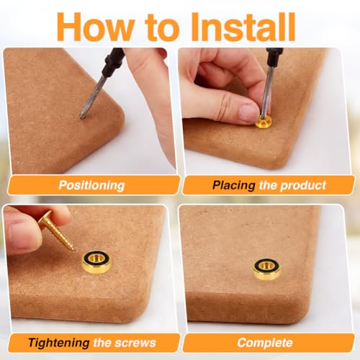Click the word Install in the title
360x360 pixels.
pyautogui.click(x=243, y=27)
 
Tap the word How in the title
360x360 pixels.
pyautogui.click(x=96, y=27)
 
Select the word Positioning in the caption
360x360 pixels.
pyautogui.click(x=91, y=186)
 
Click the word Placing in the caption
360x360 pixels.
pyautogui.click(x=233, y=186)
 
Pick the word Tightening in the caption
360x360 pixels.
pyautogui.click(x=59, y=343)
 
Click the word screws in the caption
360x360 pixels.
pyautogui.click(x=135, y=343)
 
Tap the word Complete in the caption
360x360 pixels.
pyautogui.click(x=265, y=343)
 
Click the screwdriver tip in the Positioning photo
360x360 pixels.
pyautogui.click(x=82, y=117)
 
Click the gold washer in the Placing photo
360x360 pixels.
pyautogui.click(x=264, y=121)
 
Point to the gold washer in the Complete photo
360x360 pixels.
pyautogui.click(x=267, y=269)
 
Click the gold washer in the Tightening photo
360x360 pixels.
pyautogui.click(x=96, y=262)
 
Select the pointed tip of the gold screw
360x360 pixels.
pyautogui.click(x=74, y=250)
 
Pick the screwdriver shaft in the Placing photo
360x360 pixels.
pyautogui.click(x=267, y=92)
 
